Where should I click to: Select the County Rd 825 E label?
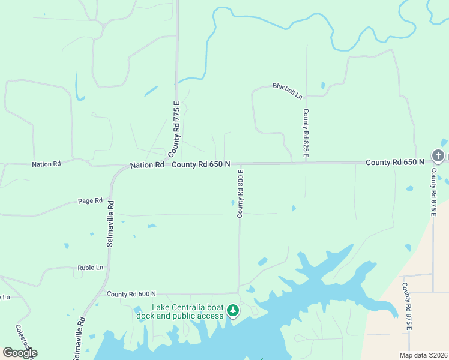pyautogui.click(x=306, y=133)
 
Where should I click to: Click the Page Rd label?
pyautogui.click(x=91, y=200)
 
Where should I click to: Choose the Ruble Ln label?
pyautogui.click(x=90, y=268)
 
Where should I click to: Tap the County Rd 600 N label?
pyautogui.click(x=131, y=294)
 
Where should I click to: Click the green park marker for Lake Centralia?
pyautogui.click(x=233, y=311)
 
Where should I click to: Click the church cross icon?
pyautogui.click(x=438, y=156)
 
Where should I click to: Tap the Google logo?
pyautogui.click(x=20, y=352)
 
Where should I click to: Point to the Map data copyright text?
pyautogui.click(x=423, y=355)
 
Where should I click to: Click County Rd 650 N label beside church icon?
pyautogui.click(x=394, y=162)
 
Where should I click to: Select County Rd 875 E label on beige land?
pyautogui.click(x=407, y=306)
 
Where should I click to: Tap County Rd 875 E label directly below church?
pyautogui.click(x=433, y=192)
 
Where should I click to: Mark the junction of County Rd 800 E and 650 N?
pyautogui.click(x=240, y=163)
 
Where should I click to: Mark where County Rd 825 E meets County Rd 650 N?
pyautogui.click(x=306, y=163)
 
